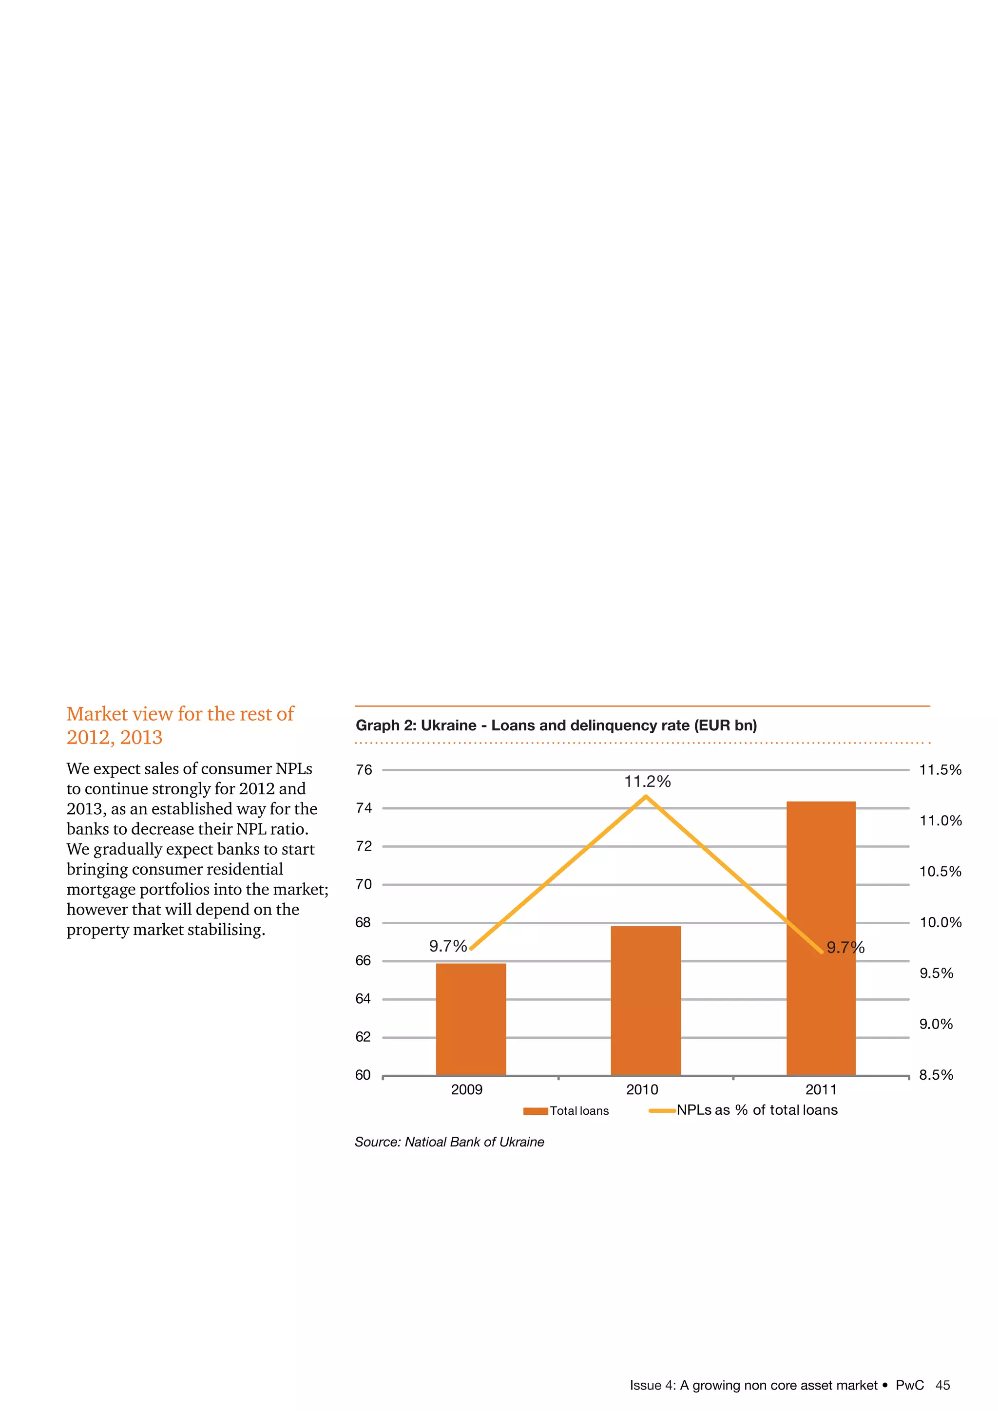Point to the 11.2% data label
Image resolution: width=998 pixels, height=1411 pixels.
pyautogui.click(x=647, y=782)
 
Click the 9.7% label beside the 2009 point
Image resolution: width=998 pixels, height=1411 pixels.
pyautogui.click(x=448, y=946)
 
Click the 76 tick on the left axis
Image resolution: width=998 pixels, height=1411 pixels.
pyautogui.click(x=364, y=770)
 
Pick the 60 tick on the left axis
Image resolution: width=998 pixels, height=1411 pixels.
pyautogui.click(x=363, y=1075)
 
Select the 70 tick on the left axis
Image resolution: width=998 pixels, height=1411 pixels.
pyautogui.click(x=364, y=884)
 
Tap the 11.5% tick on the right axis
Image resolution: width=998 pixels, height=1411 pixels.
pyautogui.click(x=940, y=770)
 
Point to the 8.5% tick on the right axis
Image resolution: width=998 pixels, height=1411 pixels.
pyautogui.click(x=936, y=1075)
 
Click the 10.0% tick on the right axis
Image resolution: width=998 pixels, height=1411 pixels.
pyautogui.click(x=940, y=922)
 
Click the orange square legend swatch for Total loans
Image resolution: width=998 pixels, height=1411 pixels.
pyautogui.click(x=535, y=1111)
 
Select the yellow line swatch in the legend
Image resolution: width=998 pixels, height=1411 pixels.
pyautogui.click(x=662, y=1110)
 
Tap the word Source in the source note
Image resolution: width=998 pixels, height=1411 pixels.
pyautogui.click(x=377, y=1143)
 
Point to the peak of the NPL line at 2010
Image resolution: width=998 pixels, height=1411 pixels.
pyautogui.click(x=646, y=797)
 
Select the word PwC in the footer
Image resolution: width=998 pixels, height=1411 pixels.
pyautogui.click(x=909, y=1385)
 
